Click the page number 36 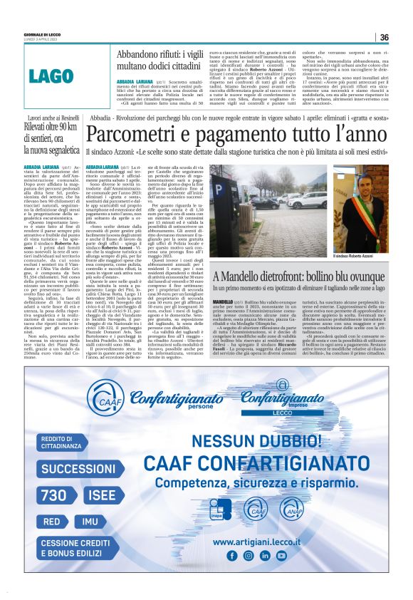(x=384, y=37)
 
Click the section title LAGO (x=52, y=76)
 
